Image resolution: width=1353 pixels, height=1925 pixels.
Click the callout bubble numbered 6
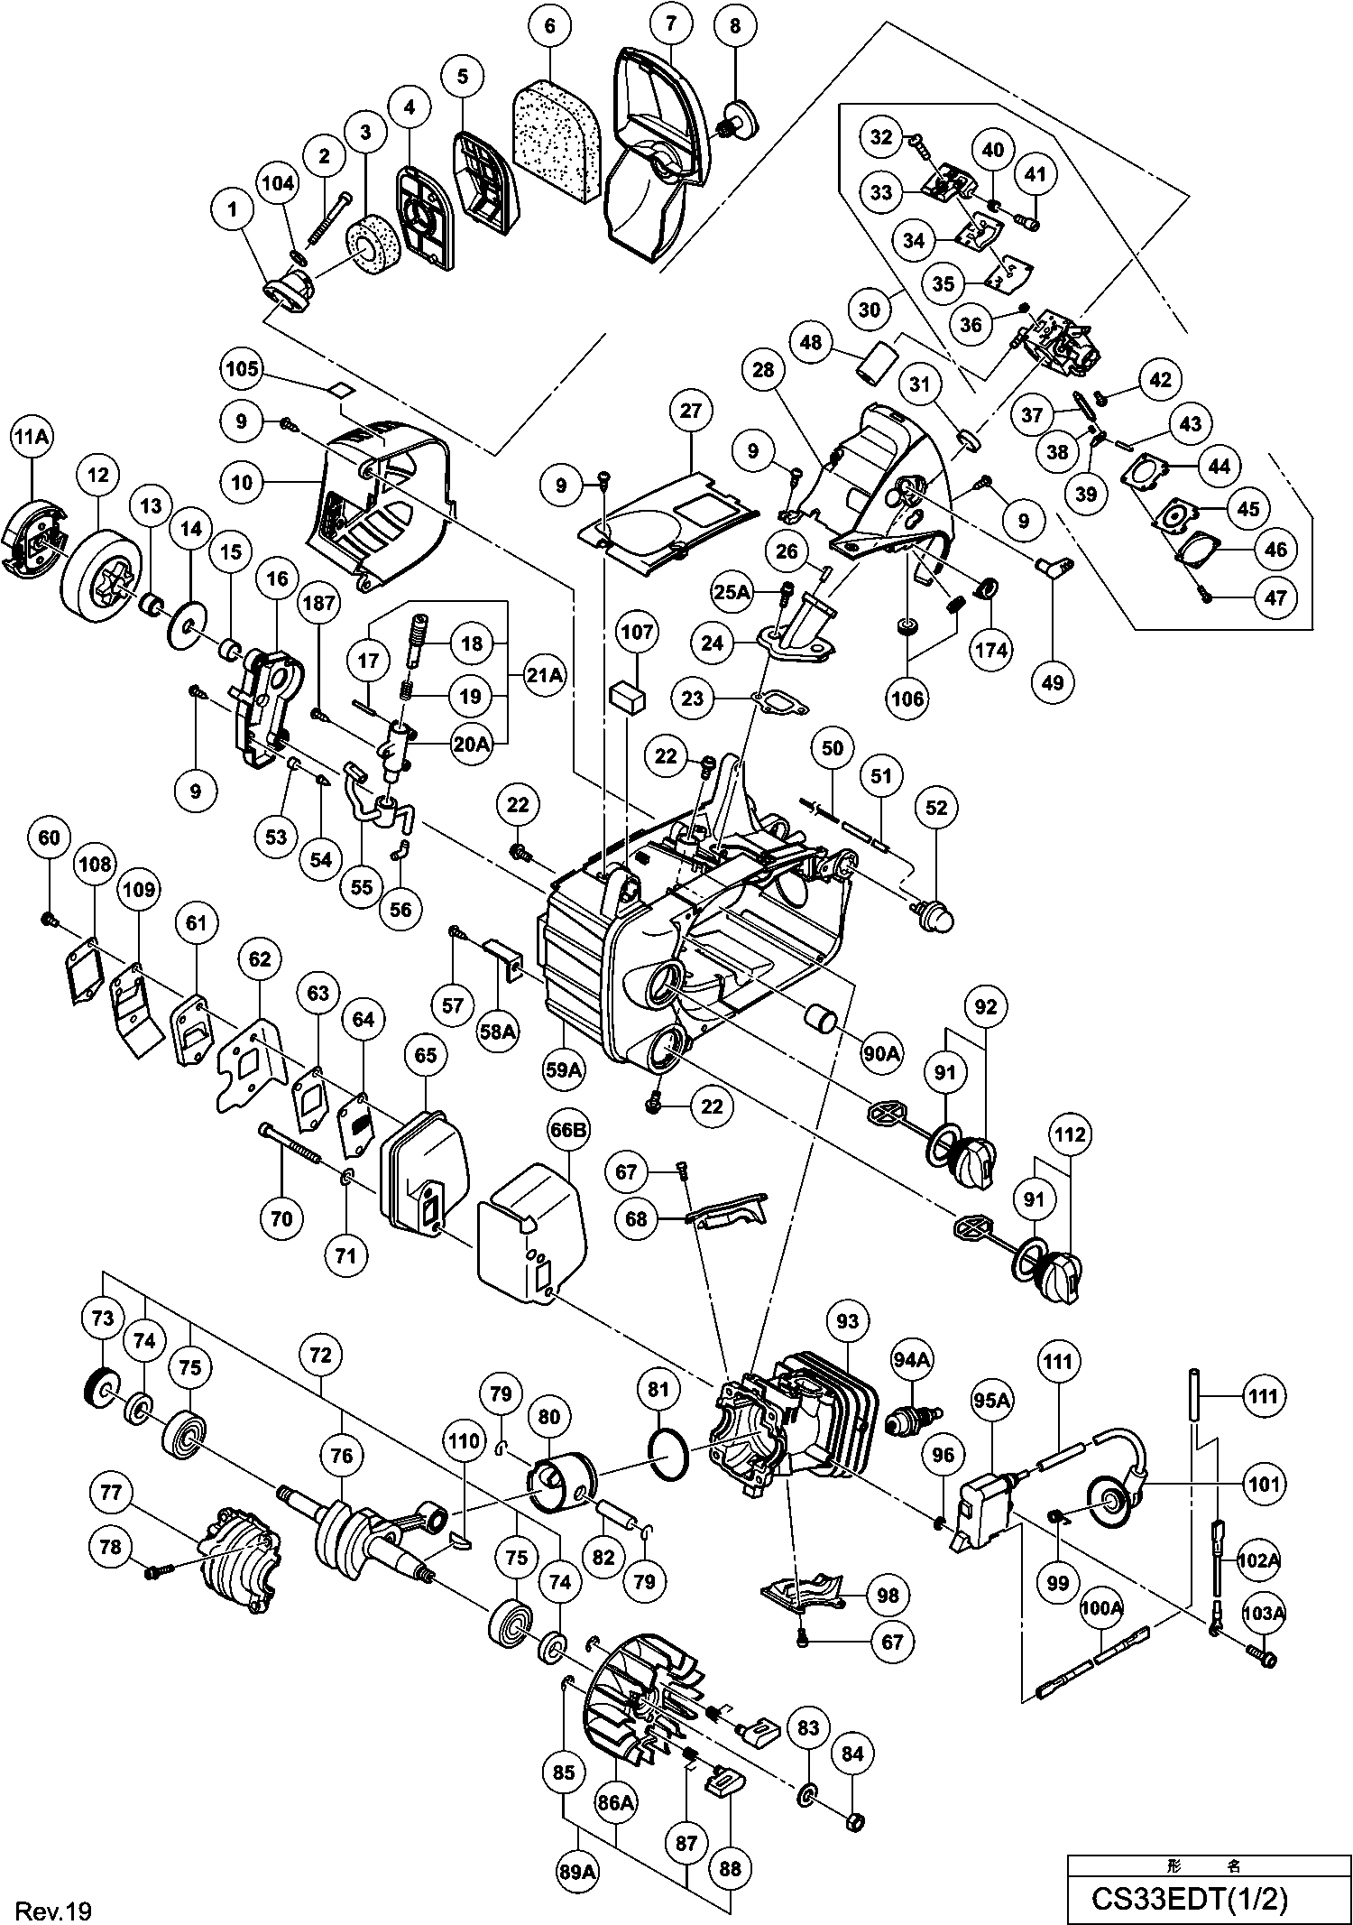click(550, 26)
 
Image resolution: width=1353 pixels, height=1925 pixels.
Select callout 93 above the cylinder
click(848, 1321)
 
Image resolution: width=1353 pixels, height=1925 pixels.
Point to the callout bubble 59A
click(564, 1070)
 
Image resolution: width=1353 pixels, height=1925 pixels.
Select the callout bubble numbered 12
click(98, 474)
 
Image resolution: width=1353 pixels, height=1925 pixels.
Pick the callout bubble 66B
click(575, 1129)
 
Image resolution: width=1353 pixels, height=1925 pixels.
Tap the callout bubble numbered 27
click(690, 411)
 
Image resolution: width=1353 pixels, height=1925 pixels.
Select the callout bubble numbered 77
click(110, 1495)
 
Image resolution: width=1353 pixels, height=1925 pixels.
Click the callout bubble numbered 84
click(851, 1754)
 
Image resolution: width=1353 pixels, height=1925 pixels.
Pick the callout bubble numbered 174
click(991, 650)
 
